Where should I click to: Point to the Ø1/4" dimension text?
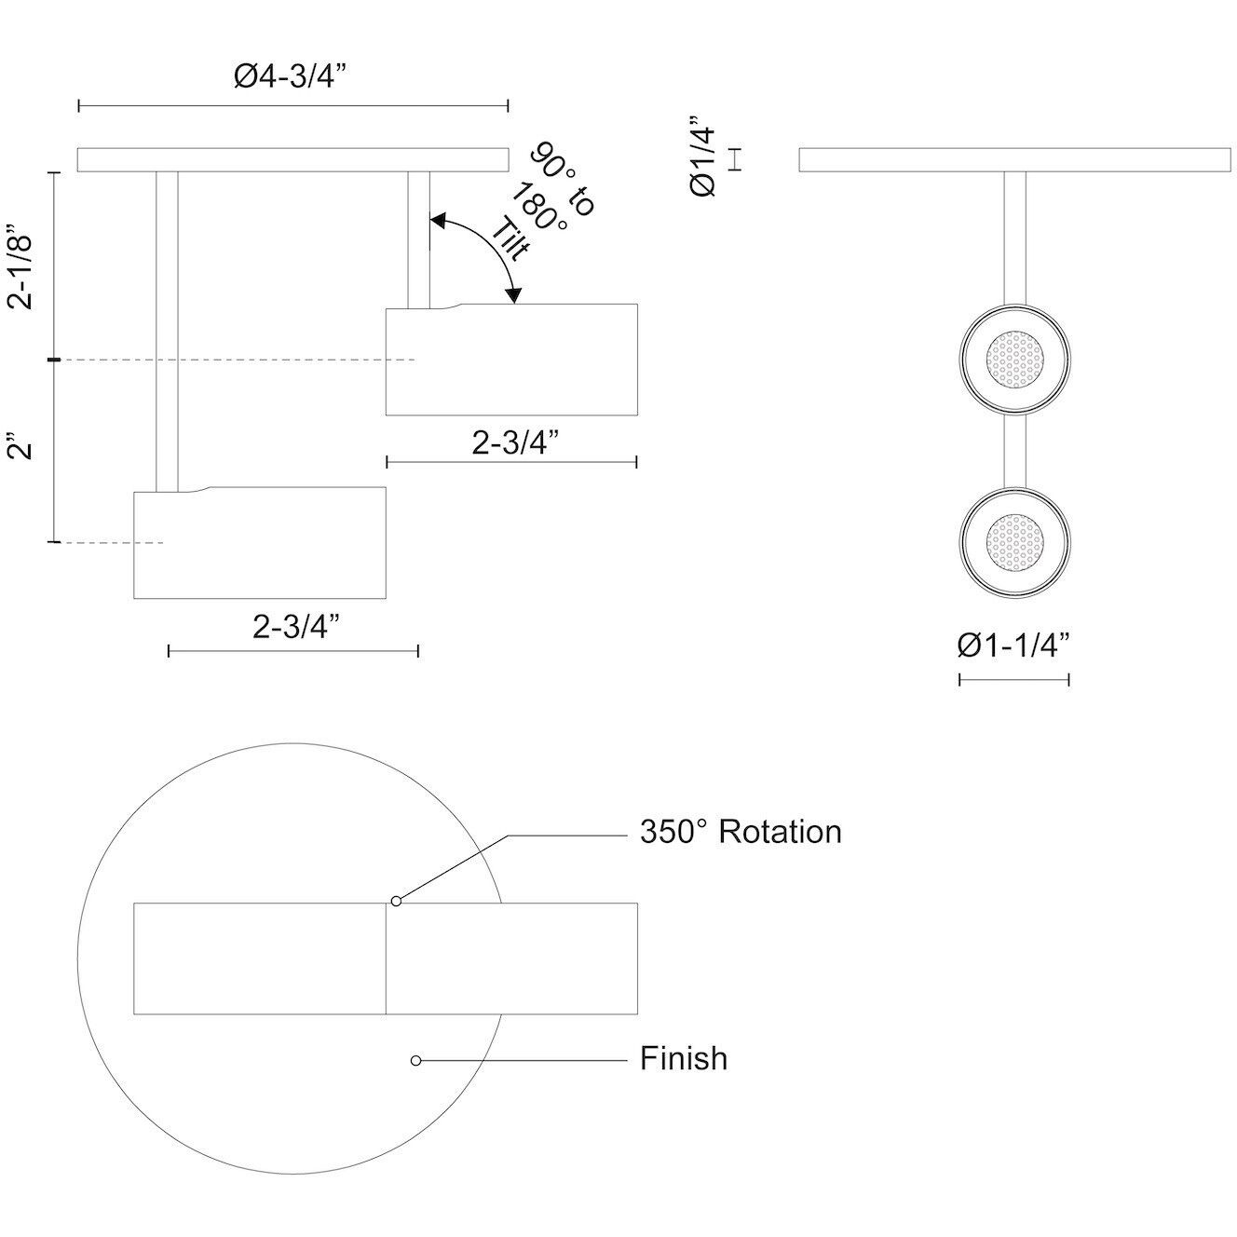click(x=703, y=156)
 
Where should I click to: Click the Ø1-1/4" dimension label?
click(x=1013, y=645)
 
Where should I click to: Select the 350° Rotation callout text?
click(x=741, y=832)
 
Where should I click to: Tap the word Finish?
click(x=684, y=1059)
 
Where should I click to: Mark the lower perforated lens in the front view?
click(x=1015, y=540)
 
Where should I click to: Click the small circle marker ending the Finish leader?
click(x=416, y=1060)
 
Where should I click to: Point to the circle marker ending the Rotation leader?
click(x=397, y=901)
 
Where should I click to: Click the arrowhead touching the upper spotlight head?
click(x=511, y=294)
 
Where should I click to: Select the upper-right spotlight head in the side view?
click(x=512, y=360)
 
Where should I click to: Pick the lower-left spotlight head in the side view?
click(x=260, y=543)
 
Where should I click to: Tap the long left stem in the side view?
click(x=167, y=331)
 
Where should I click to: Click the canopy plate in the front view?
click(x=1014, y=160)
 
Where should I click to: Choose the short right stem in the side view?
click(x=419, y=239)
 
